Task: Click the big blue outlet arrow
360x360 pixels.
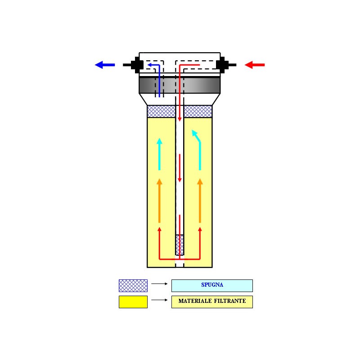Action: coord(105,65)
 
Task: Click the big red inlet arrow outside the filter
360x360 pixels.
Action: coord(255,65)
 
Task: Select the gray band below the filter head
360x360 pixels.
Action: coord(180,85)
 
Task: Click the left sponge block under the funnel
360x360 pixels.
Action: coord(161,111)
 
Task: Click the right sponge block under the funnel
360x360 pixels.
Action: coord(198,111)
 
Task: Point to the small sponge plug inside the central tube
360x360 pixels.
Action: coord(180,245)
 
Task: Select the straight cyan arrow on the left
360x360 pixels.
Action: coord(159,154)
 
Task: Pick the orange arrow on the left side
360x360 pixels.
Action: coord(159,201)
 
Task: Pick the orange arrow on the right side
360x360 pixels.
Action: coord(200,201)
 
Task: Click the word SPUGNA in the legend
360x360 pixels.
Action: coord(212,285)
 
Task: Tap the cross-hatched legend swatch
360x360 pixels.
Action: coord(133,286)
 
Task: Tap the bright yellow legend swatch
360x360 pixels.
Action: coord(133,302)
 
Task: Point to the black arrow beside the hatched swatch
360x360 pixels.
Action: coord(159,284)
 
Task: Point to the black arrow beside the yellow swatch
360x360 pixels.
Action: coord(159,300)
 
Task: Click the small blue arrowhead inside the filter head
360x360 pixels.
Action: coord(149,65)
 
